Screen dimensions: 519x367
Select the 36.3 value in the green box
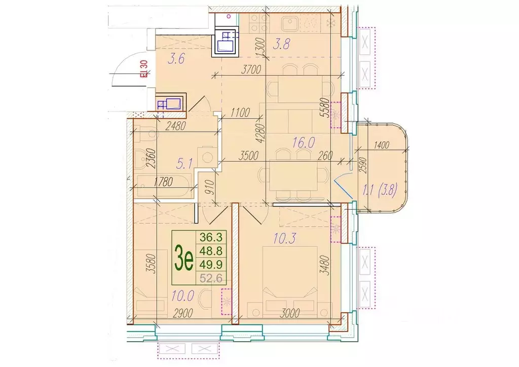pos(211,237)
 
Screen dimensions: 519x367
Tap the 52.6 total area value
pos(211,278)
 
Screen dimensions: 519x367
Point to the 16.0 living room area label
pos(303,142)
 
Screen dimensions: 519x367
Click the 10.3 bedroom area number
pos(284,238)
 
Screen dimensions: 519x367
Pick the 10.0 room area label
pos(182,295)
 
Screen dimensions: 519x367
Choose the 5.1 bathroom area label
pos(184,163)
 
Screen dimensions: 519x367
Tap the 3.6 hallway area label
pos(176,59)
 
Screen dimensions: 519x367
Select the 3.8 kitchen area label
pos(281,44)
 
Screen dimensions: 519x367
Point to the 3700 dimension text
pos(251,69)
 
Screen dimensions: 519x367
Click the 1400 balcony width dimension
pos(381,145)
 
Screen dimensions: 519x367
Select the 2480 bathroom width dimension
pos(176,125)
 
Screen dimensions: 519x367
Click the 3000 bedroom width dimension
pos(289,313)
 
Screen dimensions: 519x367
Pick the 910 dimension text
pos(211,188)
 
